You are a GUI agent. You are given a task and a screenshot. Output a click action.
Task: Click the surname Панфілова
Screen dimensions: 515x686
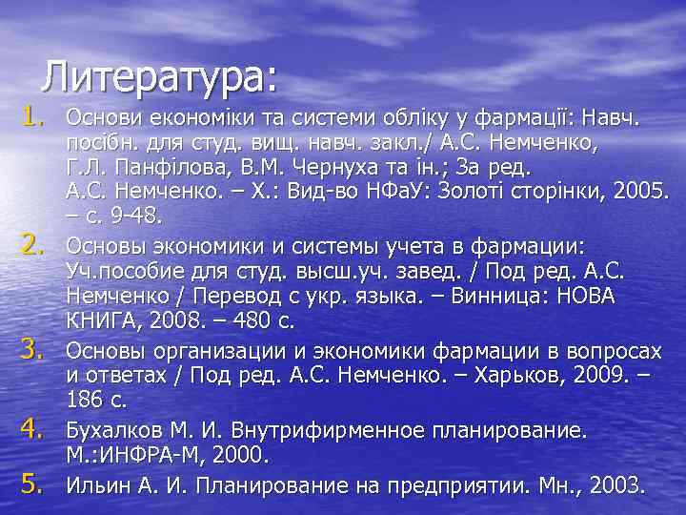[150, 169]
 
